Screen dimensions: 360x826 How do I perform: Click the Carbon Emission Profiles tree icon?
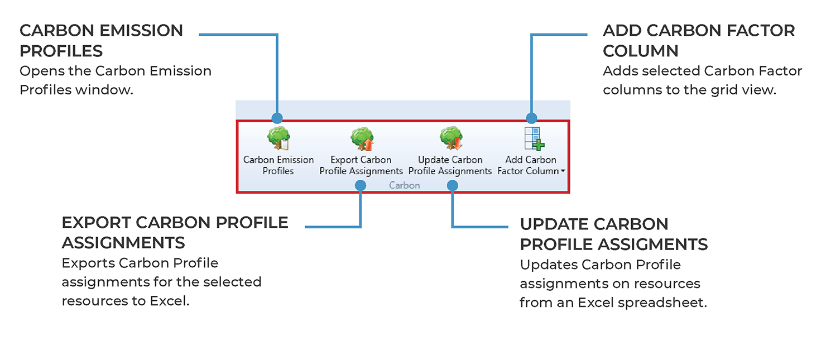coord(278,138)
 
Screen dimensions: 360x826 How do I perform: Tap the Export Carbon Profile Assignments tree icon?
coord(362,138)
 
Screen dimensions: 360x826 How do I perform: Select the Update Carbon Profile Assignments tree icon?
coord(450,138)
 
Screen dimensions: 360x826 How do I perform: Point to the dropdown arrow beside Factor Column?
coord(564,172)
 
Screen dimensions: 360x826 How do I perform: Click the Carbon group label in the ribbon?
coord(404,185)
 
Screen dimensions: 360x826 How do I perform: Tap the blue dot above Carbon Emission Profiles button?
coord(277,118)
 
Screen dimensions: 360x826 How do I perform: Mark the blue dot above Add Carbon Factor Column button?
coord(531,118)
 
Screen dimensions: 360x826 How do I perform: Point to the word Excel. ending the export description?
coord(170,301)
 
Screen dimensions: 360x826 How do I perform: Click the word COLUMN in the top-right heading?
coord(641,51)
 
